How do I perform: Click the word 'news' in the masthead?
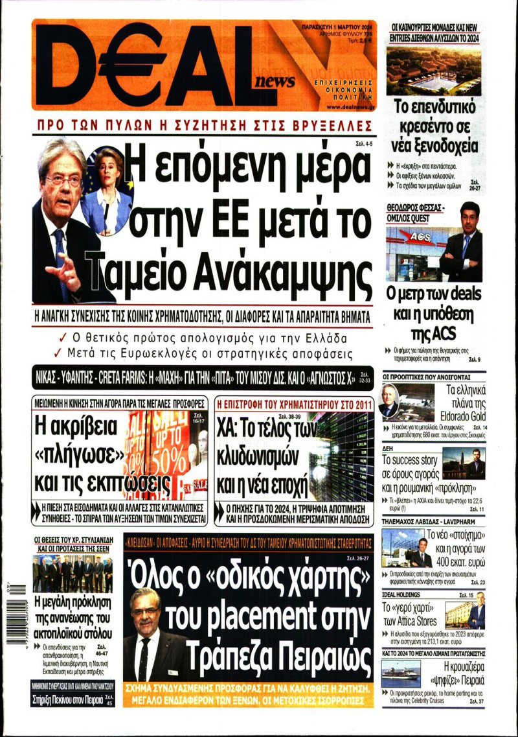275,81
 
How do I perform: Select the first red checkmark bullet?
62,338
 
